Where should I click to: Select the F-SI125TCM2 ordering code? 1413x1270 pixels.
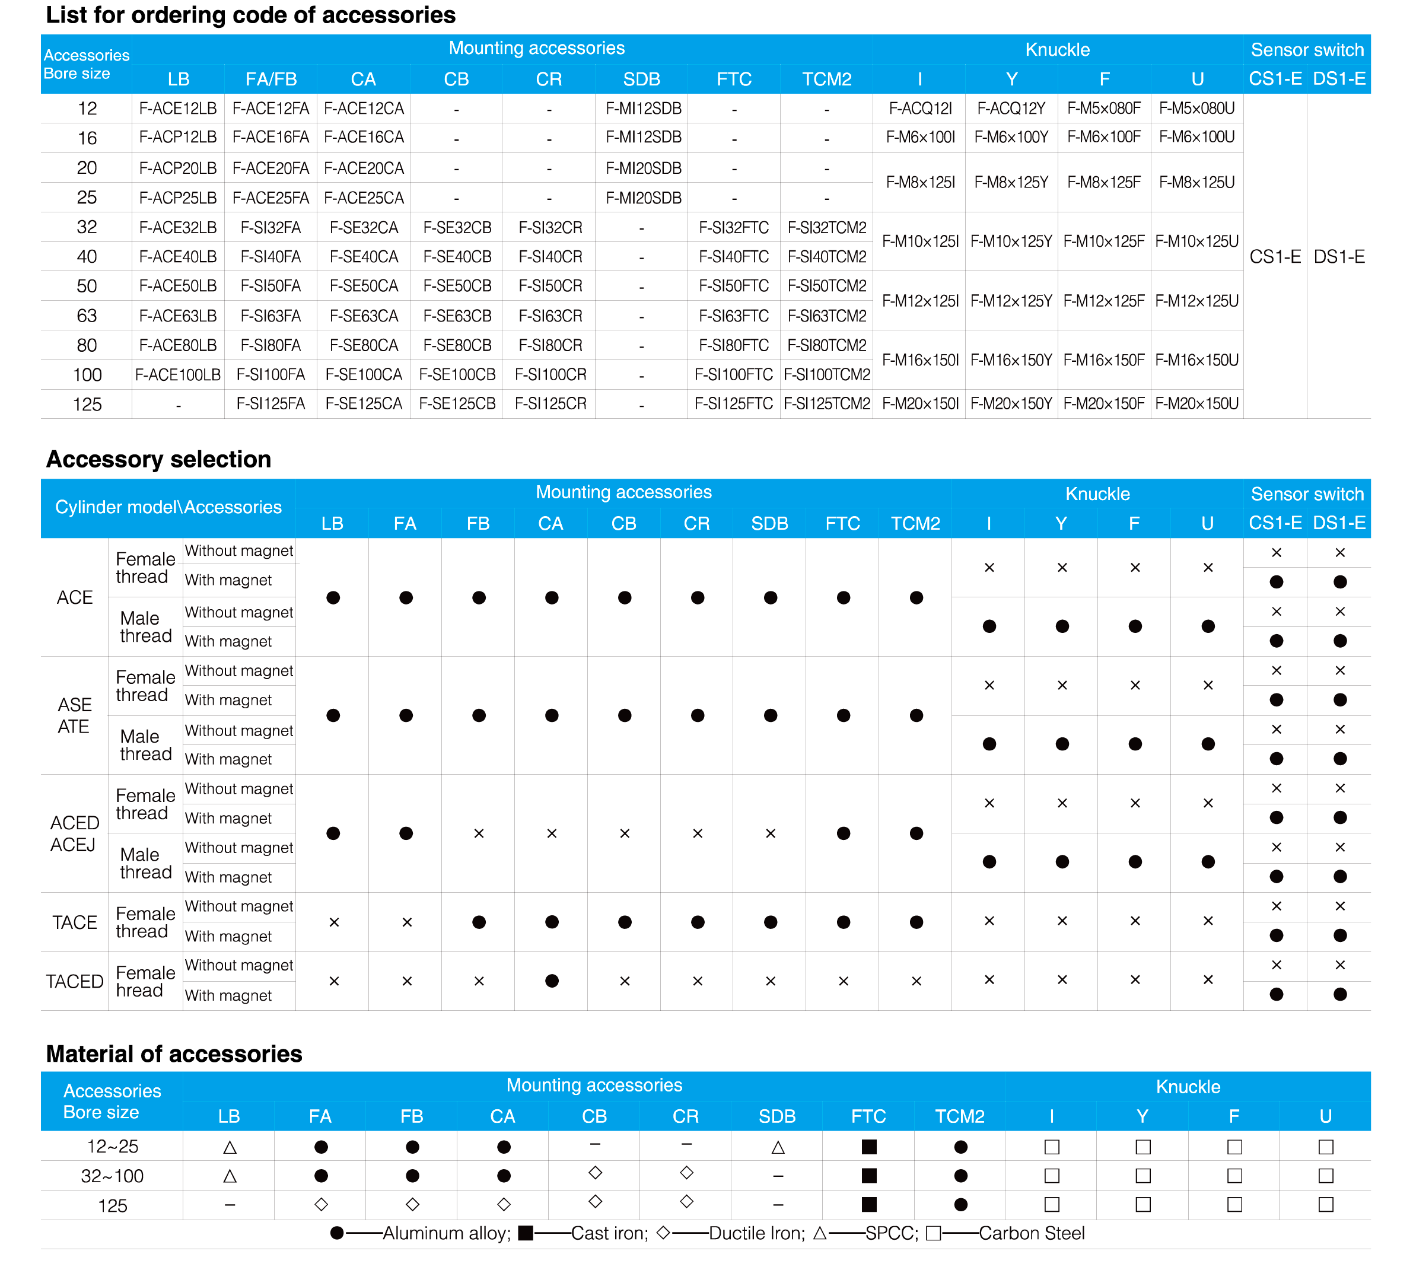click(827, 403)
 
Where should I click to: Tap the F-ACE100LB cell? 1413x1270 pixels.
click(178, 375)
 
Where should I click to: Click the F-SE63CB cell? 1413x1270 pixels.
click(457, 316)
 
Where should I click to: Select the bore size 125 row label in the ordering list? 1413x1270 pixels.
click(87, 404)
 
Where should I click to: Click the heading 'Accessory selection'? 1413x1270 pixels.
click(158, 459)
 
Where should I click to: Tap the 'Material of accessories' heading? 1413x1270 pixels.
click(174, 1053)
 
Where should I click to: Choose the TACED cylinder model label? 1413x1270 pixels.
click(75, 981)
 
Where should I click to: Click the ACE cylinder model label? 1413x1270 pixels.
click(75, 597)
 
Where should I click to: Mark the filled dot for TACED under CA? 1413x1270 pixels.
click(552, 981)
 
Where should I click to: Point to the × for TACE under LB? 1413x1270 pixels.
click(334, 922)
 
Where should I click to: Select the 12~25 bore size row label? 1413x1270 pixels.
click(112, 1147)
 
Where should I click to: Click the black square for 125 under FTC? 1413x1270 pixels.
click(868, 1204)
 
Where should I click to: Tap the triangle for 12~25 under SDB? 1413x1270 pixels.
click(778, 1147)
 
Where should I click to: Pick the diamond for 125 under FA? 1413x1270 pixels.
click(321, 1204)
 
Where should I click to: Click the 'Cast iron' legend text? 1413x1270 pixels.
click(609, 1233)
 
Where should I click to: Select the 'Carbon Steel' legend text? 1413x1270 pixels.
click(1032, 1233)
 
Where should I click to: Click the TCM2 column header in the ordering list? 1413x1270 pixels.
click(827, 79)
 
